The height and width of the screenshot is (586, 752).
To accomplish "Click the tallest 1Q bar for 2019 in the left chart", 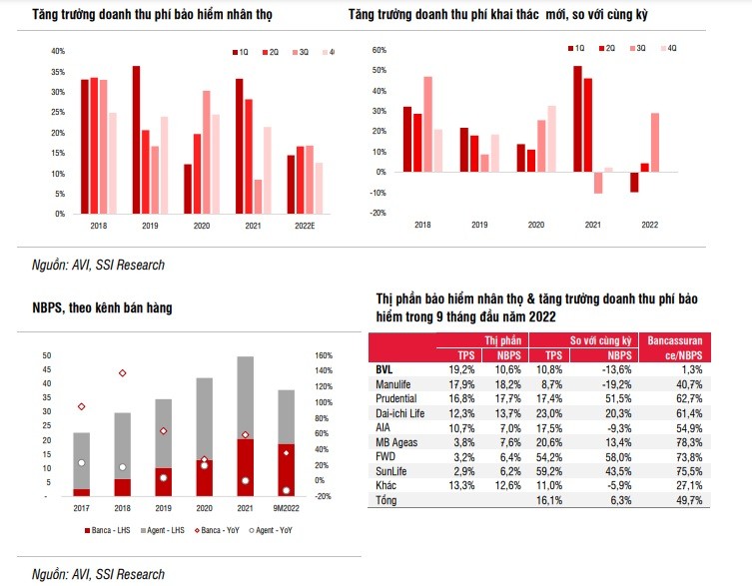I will (136, 140).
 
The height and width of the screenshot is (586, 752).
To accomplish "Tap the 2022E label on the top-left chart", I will (306, 228).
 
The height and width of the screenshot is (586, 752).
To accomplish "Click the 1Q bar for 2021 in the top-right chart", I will (577, 119).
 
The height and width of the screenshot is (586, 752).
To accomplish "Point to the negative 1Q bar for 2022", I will (634, 181).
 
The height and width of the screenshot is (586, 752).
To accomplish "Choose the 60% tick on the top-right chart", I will (378, 49).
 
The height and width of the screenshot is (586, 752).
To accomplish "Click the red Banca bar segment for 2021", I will (245, 467).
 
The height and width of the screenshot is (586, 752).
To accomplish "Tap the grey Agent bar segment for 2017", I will (82, 460).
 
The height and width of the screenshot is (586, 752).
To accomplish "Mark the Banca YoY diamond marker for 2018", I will (123, 373).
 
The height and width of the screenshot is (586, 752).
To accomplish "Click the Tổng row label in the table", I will (386, 499).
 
